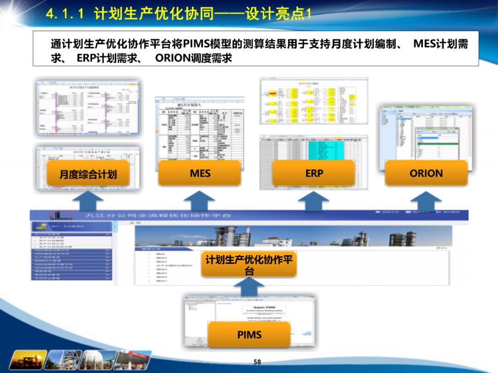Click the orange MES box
tap(199, 173)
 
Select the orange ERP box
tap(314, 173)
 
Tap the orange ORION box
tap(426, 173)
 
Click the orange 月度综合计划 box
tap(88, 174)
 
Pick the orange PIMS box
tap(249, 335)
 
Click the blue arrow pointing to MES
tap(199, 201)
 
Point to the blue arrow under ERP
tap(314, 201)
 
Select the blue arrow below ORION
tap(426, 201)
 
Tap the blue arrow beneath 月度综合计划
tap(88, 201)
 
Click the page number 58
tap(257, 362)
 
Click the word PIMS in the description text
tap(196, 44)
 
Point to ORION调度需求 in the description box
tap(194, 58)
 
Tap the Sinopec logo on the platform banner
tap(60, 215)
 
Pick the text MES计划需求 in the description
tap(440, 44)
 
